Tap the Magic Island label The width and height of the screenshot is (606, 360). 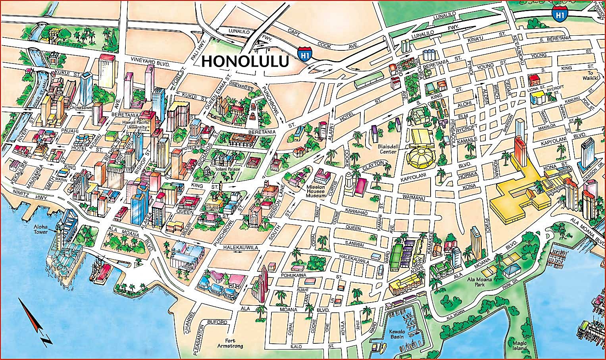pyautogui.click(x=519, y=346)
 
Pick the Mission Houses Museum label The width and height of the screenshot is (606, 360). pyautogui.click(x=316, y=191)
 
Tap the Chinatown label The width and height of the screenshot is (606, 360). pyautogui.click(x=81, y=108)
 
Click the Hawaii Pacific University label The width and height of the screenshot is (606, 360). pyautogui.click(x=135, y=125)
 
